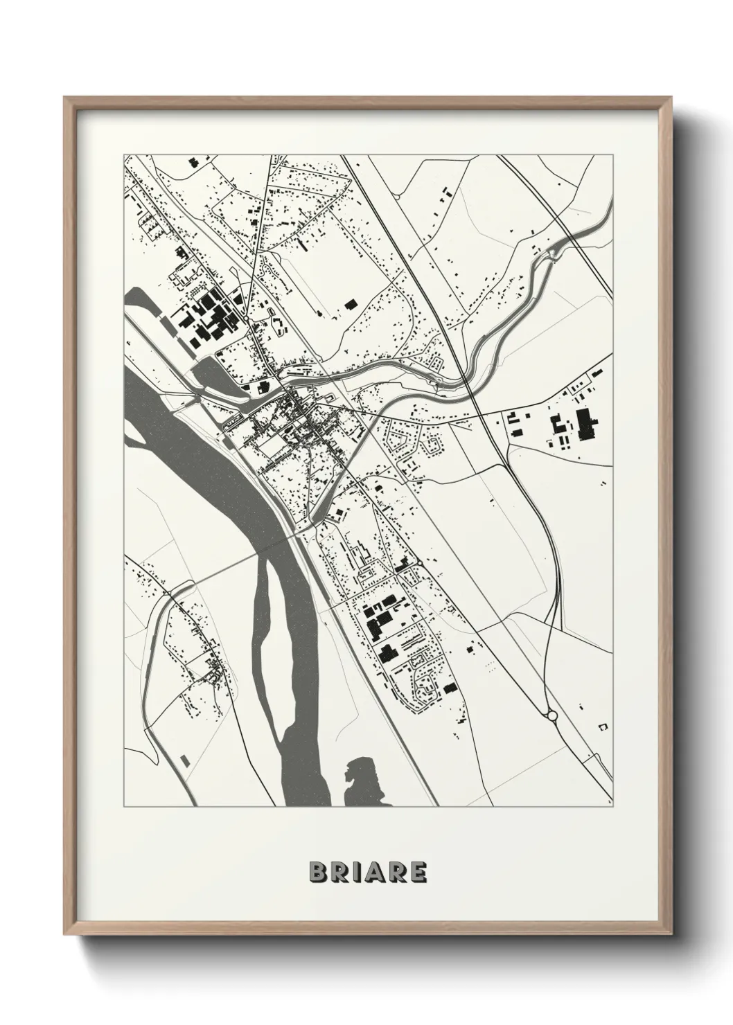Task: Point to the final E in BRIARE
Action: tap(418, 873)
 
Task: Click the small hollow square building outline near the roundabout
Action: tap(602, 725)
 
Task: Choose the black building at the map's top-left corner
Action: tap(192, 162)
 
